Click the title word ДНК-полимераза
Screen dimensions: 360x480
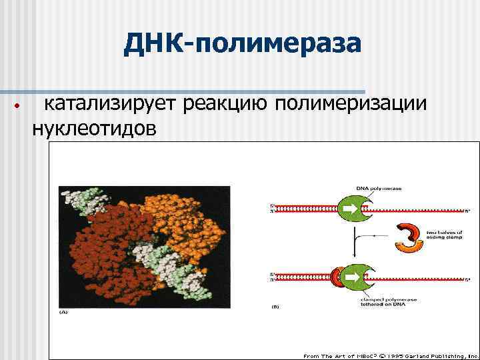point(243,44)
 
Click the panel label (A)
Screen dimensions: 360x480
point(64,311)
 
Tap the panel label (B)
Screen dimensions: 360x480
point(275,307)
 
